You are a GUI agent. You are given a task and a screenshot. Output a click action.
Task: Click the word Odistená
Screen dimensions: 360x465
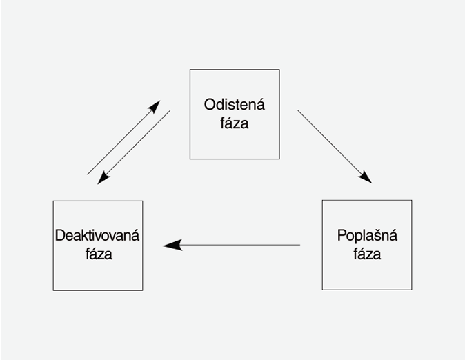235,105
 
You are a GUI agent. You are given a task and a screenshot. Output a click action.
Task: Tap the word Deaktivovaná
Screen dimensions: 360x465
97,236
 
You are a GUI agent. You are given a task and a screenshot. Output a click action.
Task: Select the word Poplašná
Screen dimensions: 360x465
367,235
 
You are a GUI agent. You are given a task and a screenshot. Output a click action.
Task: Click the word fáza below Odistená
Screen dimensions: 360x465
235,124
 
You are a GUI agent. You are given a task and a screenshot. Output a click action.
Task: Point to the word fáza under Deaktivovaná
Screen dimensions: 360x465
97,254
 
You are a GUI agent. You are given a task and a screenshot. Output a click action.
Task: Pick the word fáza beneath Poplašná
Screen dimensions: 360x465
367,254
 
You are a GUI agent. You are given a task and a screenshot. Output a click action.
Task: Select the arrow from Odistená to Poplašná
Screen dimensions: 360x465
335,146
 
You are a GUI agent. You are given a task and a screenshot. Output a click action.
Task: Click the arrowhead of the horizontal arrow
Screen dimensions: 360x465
172,245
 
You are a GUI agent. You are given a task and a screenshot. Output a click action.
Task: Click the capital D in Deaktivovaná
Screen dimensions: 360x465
59,236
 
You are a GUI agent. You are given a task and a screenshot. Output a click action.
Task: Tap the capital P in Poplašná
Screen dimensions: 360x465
342,235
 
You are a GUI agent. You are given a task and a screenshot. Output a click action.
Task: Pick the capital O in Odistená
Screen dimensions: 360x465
210,105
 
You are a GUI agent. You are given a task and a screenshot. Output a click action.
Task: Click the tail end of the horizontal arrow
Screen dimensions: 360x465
299,245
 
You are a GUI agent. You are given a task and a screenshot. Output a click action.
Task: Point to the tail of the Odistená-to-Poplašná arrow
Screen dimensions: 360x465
299,110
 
